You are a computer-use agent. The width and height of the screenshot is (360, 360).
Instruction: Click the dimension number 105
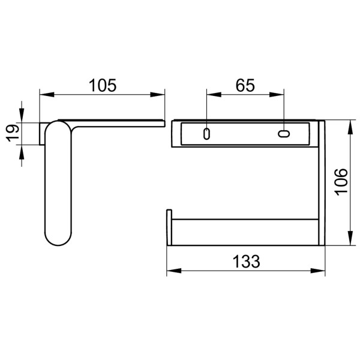tap(102, 85)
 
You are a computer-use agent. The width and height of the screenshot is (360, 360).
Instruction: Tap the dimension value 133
tap(246, 262)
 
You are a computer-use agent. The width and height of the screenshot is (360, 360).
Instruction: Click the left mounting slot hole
tap(207, 133)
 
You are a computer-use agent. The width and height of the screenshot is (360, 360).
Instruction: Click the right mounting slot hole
tap(284, 133)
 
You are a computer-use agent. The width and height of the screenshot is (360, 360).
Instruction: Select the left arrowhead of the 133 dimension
tap(171, 271)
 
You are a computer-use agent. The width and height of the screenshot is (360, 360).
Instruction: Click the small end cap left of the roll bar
tap(169, 229)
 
